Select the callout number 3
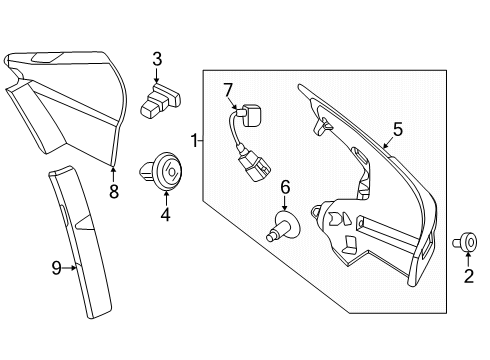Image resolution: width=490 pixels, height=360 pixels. [157, 59]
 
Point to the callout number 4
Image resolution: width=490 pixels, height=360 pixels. [165, 213]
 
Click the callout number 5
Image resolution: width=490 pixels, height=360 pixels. [397, 128]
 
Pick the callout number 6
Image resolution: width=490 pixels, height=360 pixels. [285, 186]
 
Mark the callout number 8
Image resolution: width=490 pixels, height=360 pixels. [113, 192]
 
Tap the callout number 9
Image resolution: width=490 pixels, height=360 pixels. [58, 267]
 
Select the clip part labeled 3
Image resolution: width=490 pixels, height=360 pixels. [161, 102]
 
